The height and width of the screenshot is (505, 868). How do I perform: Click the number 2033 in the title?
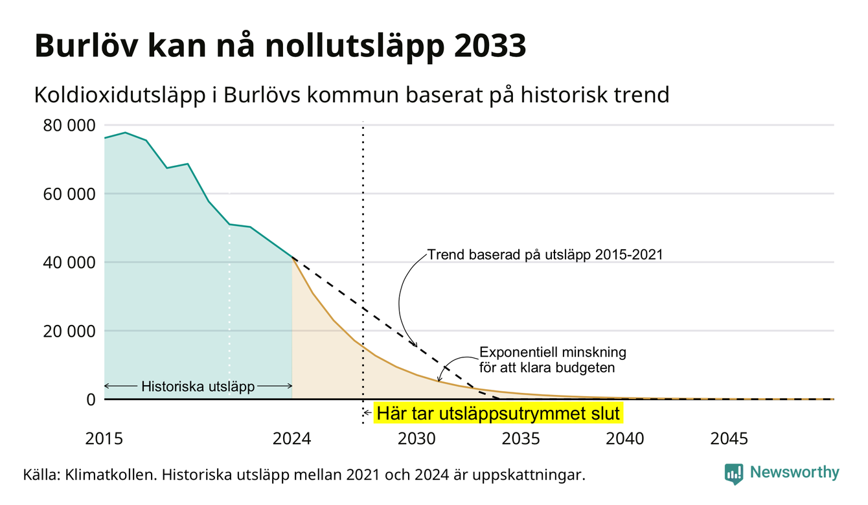(490, 46)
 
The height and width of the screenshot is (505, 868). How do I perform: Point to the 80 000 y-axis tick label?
(69, 126)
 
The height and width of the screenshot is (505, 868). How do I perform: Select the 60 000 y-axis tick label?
(69, 194)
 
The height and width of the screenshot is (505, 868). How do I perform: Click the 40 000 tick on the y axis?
(69, 263)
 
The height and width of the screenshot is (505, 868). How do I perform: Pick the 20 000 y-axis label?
(69, 331)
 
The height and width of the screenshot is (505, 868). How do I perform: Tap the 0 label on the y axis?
(91, 399)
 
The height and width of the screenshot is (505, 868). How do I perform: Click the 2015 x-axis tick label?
(104, 439)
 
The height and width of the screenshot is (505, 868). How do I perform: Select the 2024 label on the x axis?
(291, 439)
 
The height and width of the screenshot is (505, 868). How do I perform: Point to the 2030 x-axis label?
(417, 439)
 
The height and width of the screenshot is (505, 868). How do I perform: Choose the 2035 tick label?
(521, 439)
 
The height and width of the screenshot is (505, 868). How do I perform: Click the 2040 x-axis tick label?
(625, 439)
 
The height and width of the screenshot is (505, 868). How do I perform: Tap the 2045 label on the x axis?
(729, 439)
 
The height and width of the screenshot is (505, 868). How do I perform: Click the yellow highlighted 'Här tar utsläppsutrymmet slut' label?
(498, 413)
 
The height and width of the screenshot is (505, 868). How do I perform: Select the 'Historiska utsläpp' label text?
(198, 387)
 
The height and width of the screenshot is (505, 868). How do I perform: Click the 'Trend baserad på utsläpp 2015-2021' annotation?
(545, 254)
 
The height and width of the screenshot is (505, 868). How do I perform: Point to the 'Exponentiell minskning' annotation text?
(553, 352)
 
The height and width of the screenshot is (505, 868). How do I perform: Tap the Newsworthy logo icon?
(734, 474)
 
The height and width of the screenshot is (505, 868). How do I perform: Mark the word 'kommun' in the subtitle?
(353, 95)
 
